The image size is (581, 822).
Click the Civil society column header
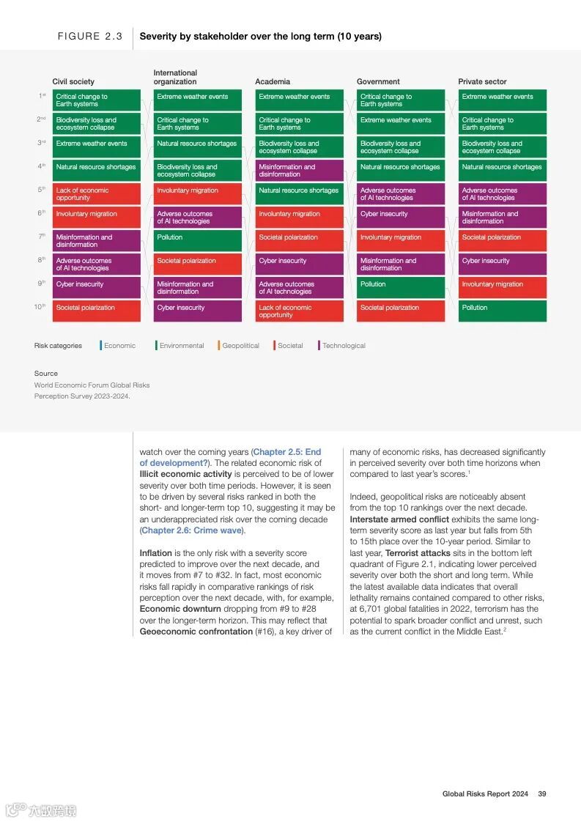tap(73, 82)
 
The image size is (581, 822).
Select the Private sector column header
tap(482, 82)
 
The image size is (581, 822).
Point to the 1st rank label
tap(42, 96)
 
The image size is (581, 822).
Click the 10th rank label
tap(40, 307)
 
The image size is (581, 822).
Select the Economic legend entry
tap(119, 346)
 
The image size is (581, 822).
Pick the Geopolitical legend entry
tap(240, 346)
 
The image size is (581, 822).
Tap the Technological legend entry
tap(344, 346)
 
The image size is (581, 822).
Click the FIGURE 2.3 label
tap(90, 36)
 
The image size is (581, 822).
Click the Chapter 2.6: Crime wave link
tap(192, 530)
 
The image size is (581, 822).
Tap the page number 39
tap(542, 794)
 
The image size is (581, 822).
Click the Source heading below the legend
tap(45, 374)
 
